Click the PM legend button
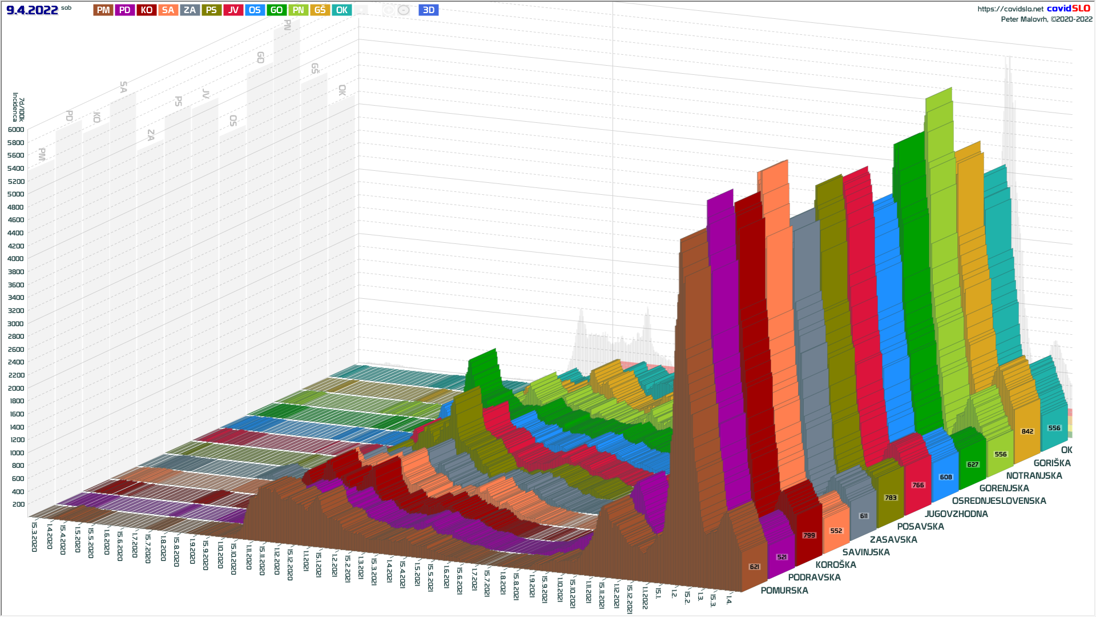tap(103, 10)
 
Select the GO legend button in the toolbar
tap(276, 10)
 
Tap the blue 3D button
tap(428, 10)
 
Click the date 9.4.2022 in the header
tap(32, 10)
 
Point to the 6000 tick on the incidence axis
tap(16, 130)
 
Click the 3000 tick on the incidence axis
tap(16, 324)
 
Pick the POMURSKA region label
tap(784, 591)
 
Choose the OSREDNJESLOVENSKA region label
tap(999, 501)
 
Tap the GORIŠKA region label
tap(1052, 463)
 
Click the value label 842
tap(1027, 431)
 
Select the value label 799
tap(809, 535)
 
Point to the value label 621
tap(755, 567)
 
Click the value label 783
tap(890, 498)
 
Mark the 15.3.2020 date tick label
tap(34, 537)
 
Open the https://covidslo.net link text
tap(1010, 9)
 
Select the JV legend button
tap(233, 10)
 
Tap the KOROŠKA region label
tap(836, 565)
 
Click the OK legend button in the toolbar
tap(341, 10)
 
